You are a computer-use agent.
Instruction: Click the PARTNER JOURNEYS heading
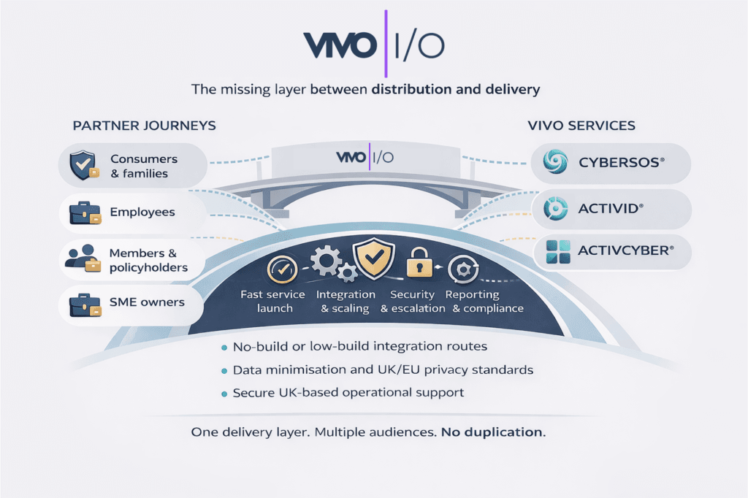pyautogui.click(x=144, y=126)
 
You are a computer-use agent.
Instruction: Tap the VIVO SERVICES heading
pyautogui.click(x=581, y=126)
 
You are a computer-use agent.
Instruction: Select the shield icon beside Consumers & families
pyautogui.click(x=82, y=166)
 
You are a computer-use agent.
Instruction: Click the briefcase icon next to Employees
pyautogui.click(x=83, y=213)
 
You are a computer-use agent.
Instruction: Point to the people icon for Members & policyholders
pyautogui.click(x=82, y=259)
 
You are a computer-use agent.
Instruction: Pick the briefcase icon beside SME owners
pyautogui.click(x=83, y=303)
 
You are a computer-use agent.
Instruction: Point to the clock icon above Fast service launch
pyautogui.click(x=280, y=269)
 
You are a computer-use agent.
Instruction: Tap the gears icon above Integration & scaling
pyautogui.click(x=330, y=263)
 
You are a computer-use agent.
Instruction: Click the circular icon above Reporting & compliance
pyautogui.click(x=462, y=269)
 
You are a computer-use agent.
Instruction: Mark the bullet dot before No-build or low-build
pyautogui.click(x=224, y=346)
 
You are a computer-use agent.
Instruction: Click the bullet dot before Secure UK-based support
pyautogui.click(x=224, y=394)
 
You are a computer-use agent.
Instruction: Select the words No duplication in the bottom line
pyautogui.click(x=493, y=432)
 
